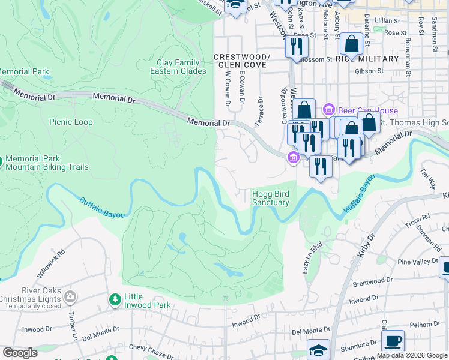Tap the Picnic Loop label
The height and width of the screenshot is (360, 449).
[x=71, y=122]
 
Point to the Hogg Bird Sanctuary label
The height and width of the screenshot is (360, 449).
[x=270, y=198]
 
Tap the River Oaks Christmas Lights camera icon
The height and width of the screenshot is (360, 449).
[x=70, y=296]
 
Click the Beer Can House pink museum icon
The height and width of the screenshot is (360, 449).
[x=328, y=110]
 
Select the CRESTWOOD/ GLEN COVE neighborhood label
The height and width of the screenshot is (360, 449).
[x=242, y=61]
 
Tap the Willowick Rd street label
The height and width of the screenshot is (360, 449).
[x=50, y=263]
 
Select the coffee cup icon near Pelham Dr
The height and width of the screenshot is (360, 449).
[x=393, y=341]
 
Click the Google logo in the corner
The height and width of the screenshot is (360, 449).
[x=20, y=353]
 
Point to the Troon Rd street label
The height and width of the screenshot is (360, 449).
[x=418, y=223]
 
